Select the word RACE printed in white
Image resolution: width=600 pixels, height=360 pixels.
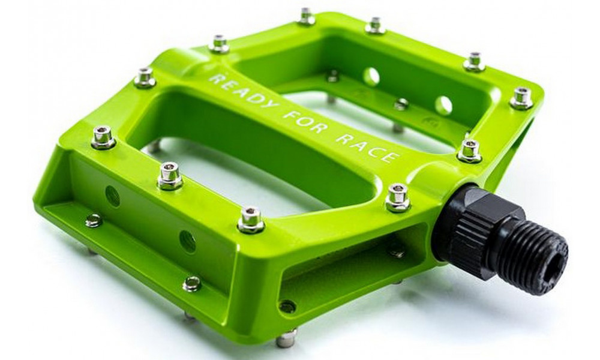372,148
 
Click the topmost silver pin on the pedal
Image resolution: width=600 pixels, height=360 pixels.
306,16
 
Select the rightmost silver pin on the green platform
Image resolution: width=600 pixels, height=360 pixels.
521,98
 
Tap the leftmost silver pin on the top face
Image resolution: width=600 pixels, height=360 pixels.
103,137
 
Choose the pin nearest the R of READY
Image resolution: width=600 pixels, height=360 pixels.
219,44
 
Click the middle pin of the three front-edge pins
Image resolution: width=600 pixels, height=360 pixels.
170,175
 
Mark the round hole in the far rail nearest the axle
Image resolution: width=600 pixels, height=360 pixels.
443,106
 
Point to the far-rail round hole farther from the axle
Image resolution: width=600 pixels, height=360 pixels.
371,76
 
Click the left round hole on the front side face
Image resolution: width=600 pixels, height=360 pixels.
112,196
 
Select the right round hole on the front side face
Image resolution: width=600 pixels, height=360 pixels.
187,241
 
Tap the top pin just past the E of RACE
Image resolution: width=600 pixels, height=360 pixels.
469,151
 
